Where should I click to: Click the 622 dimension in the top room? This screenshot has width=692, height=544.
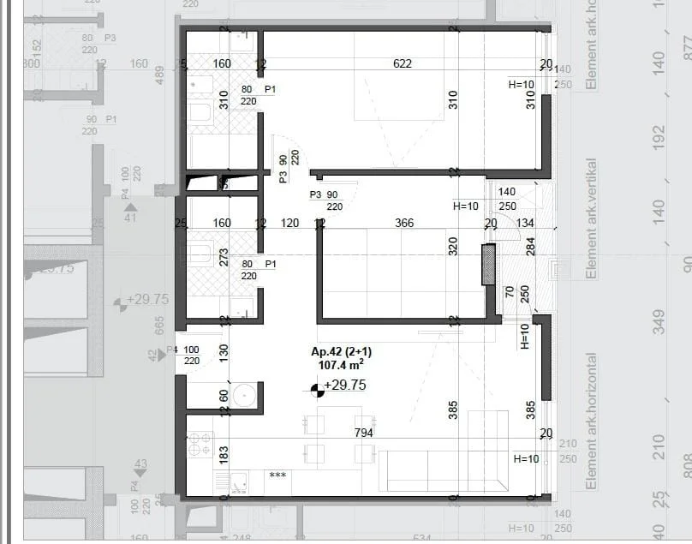(403, 63)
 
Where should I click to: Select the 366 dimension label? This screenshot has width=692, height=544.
(404, 224)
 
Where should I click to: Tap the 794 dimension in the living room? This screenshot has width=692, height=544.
(363, 433)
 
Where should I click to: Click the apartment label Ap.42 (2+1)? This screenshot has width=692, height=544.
(341, 352)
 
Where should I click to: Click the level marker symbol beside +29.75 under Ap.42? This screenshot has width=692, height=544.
(317, 391)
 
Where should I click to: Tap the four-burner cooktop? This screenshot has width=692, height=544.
(200, 443)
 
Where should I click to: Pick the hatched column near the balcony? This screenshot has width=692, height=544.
(488, 264)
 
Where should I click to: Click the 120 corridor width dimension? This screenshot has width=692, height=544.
(289, 224)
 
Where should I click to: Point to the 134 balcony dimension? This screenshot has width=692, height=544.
(525, 224)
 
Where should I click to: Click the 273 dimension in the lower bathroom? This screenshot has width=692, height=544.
(224, 258)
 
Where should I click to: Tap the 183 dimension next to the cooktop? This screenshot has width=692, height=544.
(224, 455)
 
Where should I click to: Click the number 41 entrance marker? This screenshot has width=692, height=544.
(130, 218)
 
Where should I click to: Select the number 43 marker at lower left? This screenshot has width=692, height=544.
(140, 464)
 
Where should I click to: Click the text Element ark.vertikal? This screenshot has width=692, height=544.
(591, 218)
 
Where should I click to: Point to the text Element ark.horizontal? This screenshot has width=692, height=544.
(591, 421)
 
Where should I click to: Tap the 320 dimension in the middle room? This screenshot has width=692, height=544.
(453, 247)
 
